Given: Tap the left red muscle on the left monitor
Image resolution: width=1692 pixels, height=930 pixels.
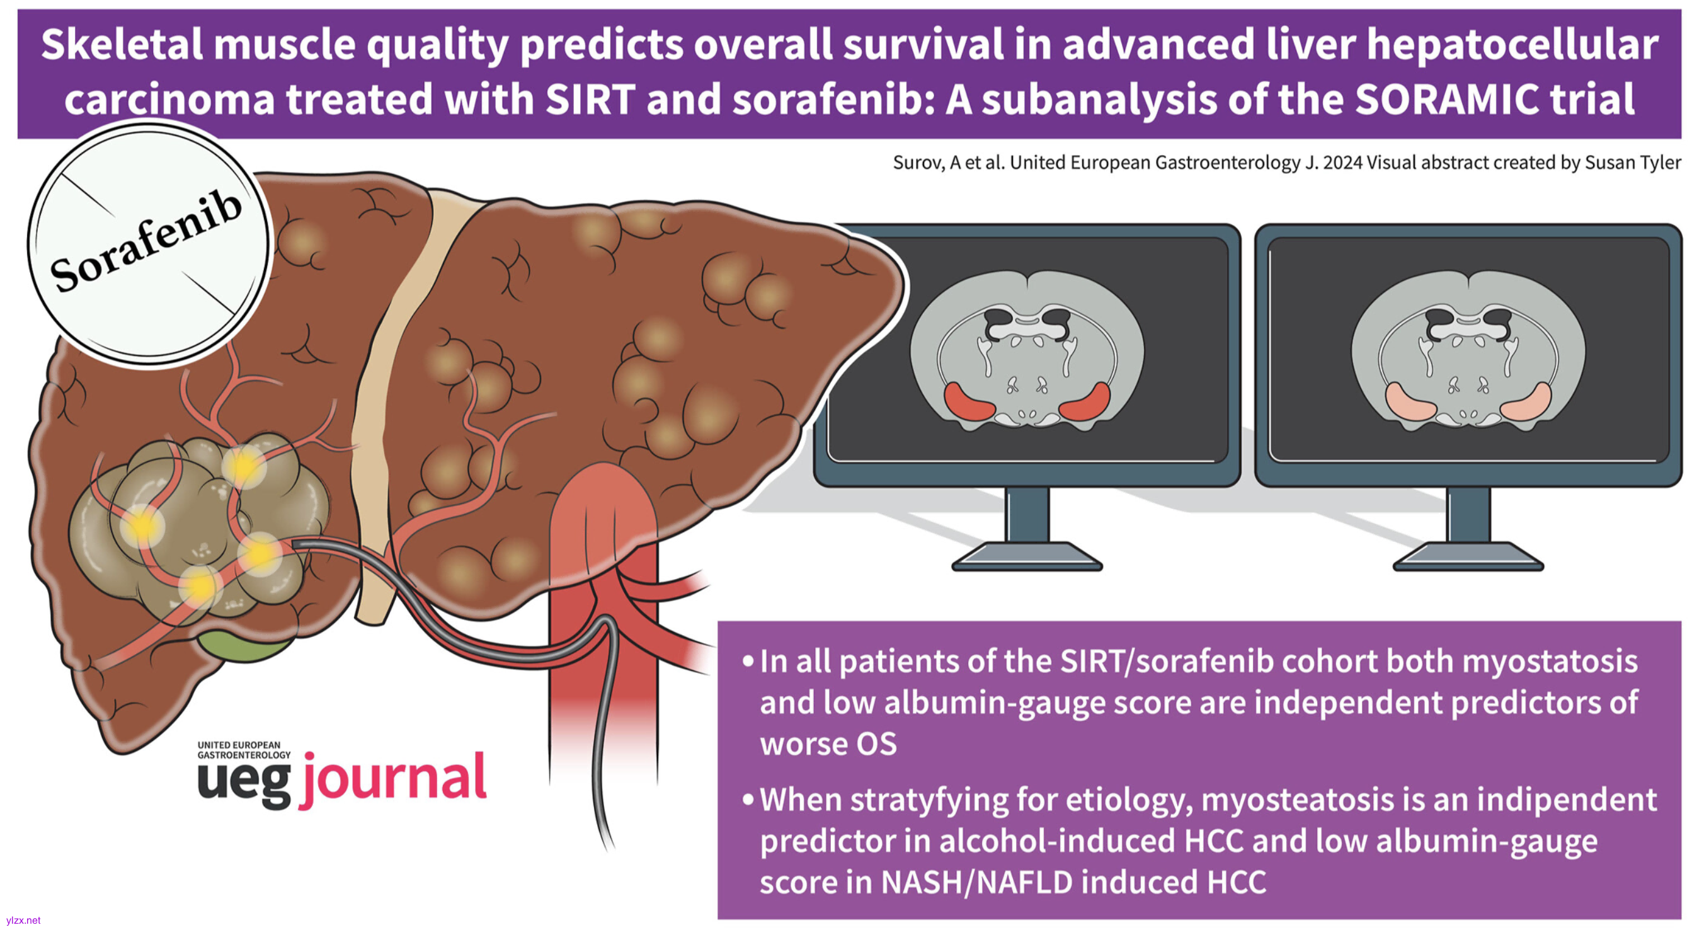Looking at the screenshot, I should coord(969,401).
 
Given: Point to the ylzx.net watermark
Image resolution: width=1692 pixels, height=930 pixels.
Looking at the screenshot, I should coord(23,920).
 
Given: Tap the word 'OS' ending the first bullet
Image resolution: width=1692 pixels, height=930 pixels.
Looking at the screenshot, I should coord(876,744).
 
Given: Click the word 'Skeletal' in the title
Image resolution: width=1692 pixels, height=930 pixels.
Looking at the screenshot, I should coord(122,45).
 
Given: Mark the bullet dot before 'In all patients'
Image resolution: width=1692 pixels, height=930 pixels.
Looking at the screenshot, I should coord(748,662).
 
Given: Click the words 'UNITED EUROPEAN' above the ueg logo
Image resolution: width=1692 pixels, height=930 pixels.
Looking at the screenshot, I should coord(239,745).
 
